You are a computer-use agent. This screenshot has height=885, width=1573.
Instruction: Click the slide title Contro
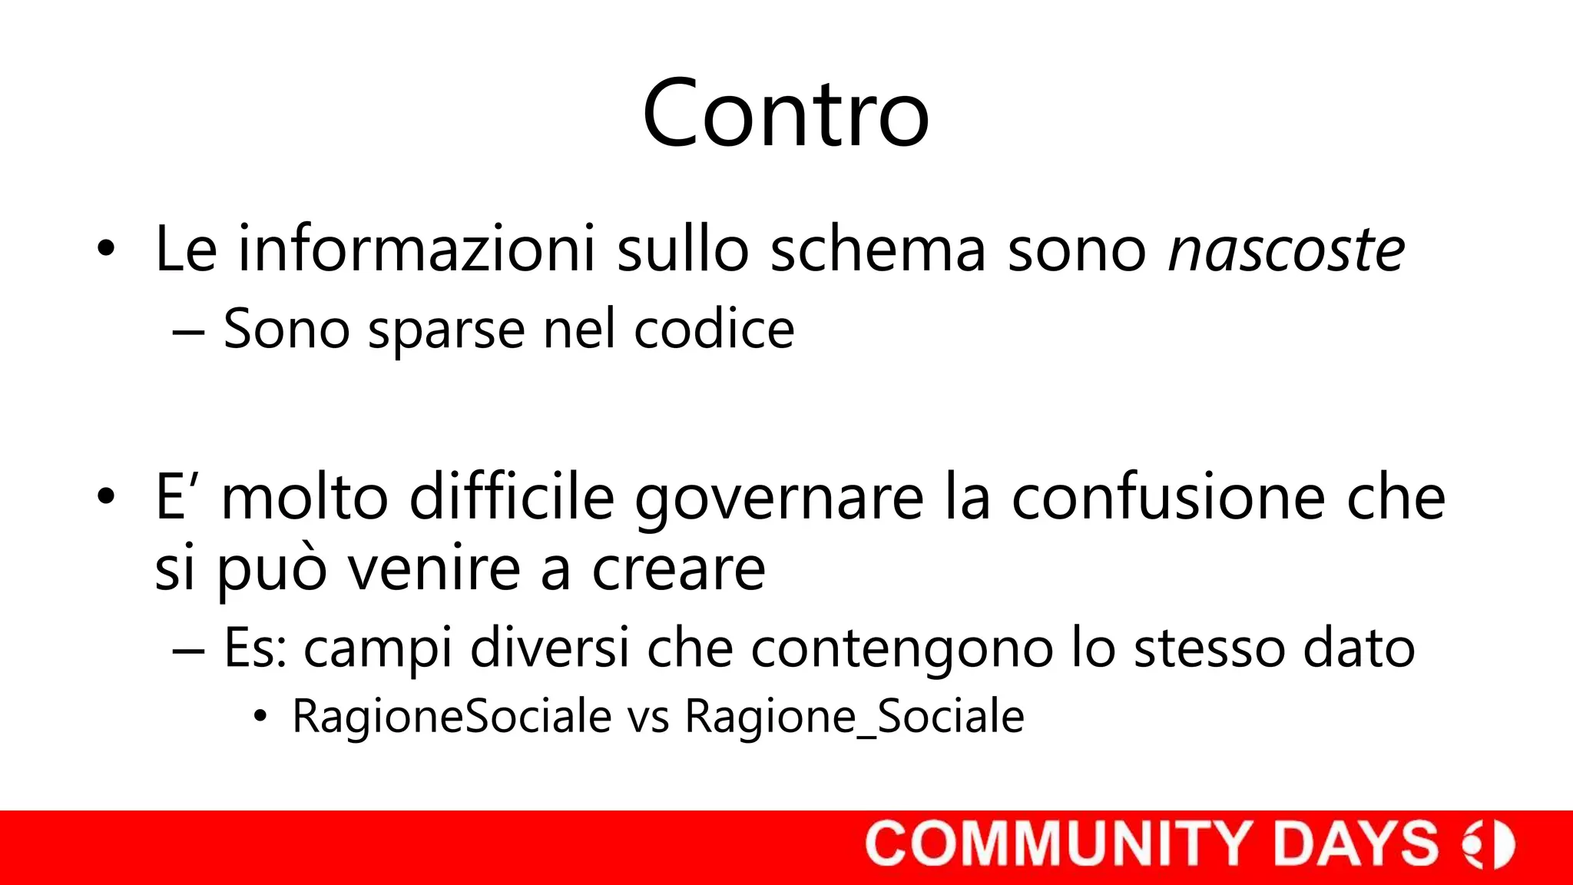(x=786, y=114)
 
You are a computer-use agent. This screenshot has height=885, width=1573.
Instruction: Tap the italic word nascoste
(x=1287, y=250)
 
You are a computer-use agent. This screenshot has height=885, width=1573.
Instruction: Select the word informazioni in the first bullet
(x=416, y=250)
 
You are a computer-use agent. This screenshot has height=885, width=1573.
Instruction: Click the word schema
(x=878, y=250)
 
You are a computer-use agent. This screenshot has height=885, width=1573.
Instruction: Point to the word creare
(x=678, y=569)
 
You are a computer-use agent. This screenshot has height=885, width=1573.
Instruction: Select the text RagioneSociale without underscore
(x=452, y=717)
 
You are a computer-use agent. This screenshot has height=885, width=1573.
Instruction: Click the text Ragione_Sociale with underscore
(x=854, y=717)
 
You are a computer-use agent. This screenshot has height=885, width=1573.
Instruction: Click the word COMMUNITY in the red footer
(x=1062, y=844)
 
